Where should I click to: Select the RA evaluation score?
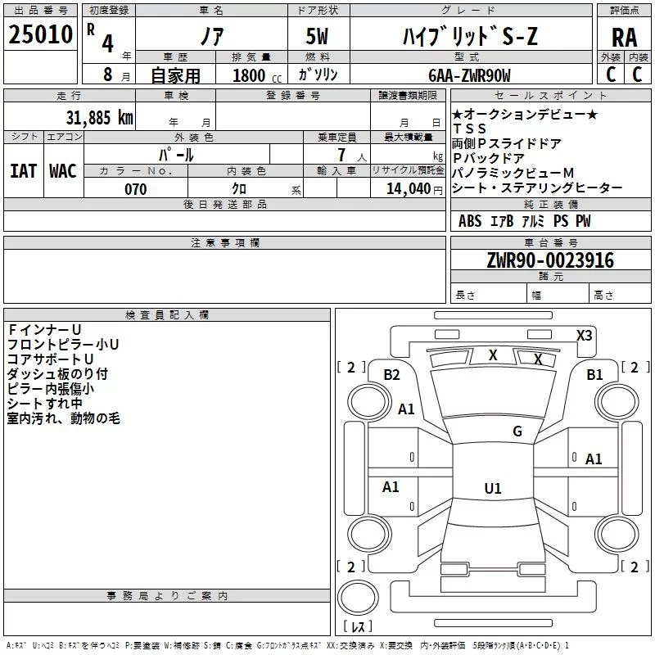coord(624,37)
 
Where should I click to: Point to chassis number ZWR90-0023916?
coord(550,261)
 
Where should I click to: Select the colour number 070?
coord(135,190)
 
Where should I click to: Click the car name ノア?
coord(211,36)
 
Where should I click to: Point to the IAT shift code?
coord(23,170)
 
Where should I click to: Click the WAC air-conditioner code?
coord(62,170)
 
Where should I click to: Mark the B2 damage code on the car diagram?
coord(391,375)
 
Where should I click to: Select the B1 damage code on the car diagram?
coord(594,375)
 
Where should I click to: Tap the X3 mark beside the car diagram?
coord(585,335)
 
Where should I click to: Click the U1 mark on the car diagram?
coord(492,489)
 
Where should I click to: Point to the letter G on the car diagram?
coord(517,431)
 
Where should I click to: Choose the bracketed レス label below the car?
coord(358,628)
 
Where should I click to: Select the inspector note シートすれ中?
coord(44,404)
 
